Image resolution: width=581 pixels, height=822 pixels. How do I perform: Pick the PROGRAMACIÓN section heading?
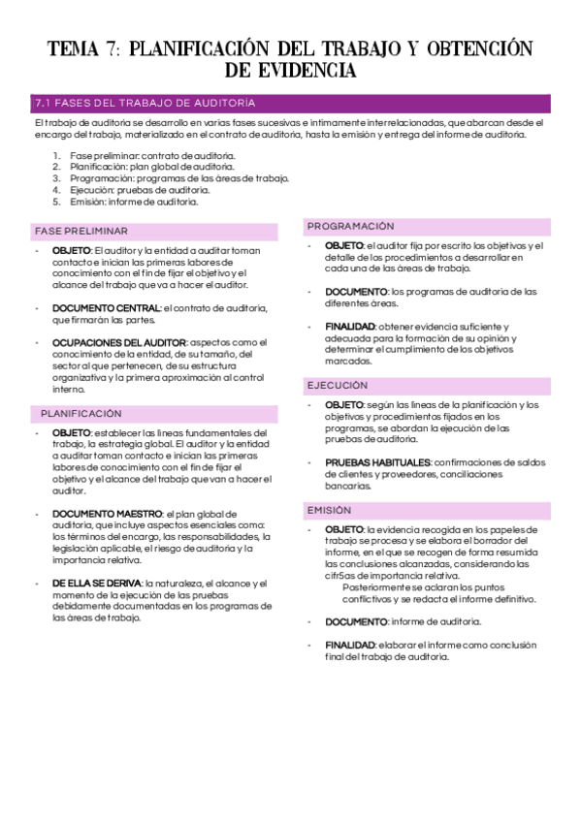point(351,226)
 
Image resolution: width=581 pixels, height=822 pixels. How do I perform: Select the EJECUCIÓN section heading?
point(339,384)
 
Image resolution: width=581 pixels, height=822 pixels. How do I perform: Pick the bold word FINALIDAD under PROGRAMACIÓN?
point(349,327)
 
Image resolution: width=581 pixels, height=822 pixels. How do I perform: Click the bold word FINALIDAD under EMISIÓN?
point(349,645)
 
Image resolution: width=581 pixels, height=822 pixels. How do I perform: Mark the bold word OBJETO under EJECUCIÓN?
point(343,404)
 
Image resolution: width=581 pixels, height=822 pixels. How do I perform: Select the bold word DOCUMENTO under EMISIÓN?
point(355,621)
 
